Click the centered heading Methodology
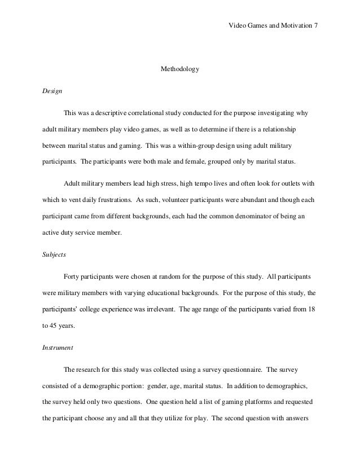click(181, 70)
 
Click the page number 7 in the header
click(316, 26)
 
